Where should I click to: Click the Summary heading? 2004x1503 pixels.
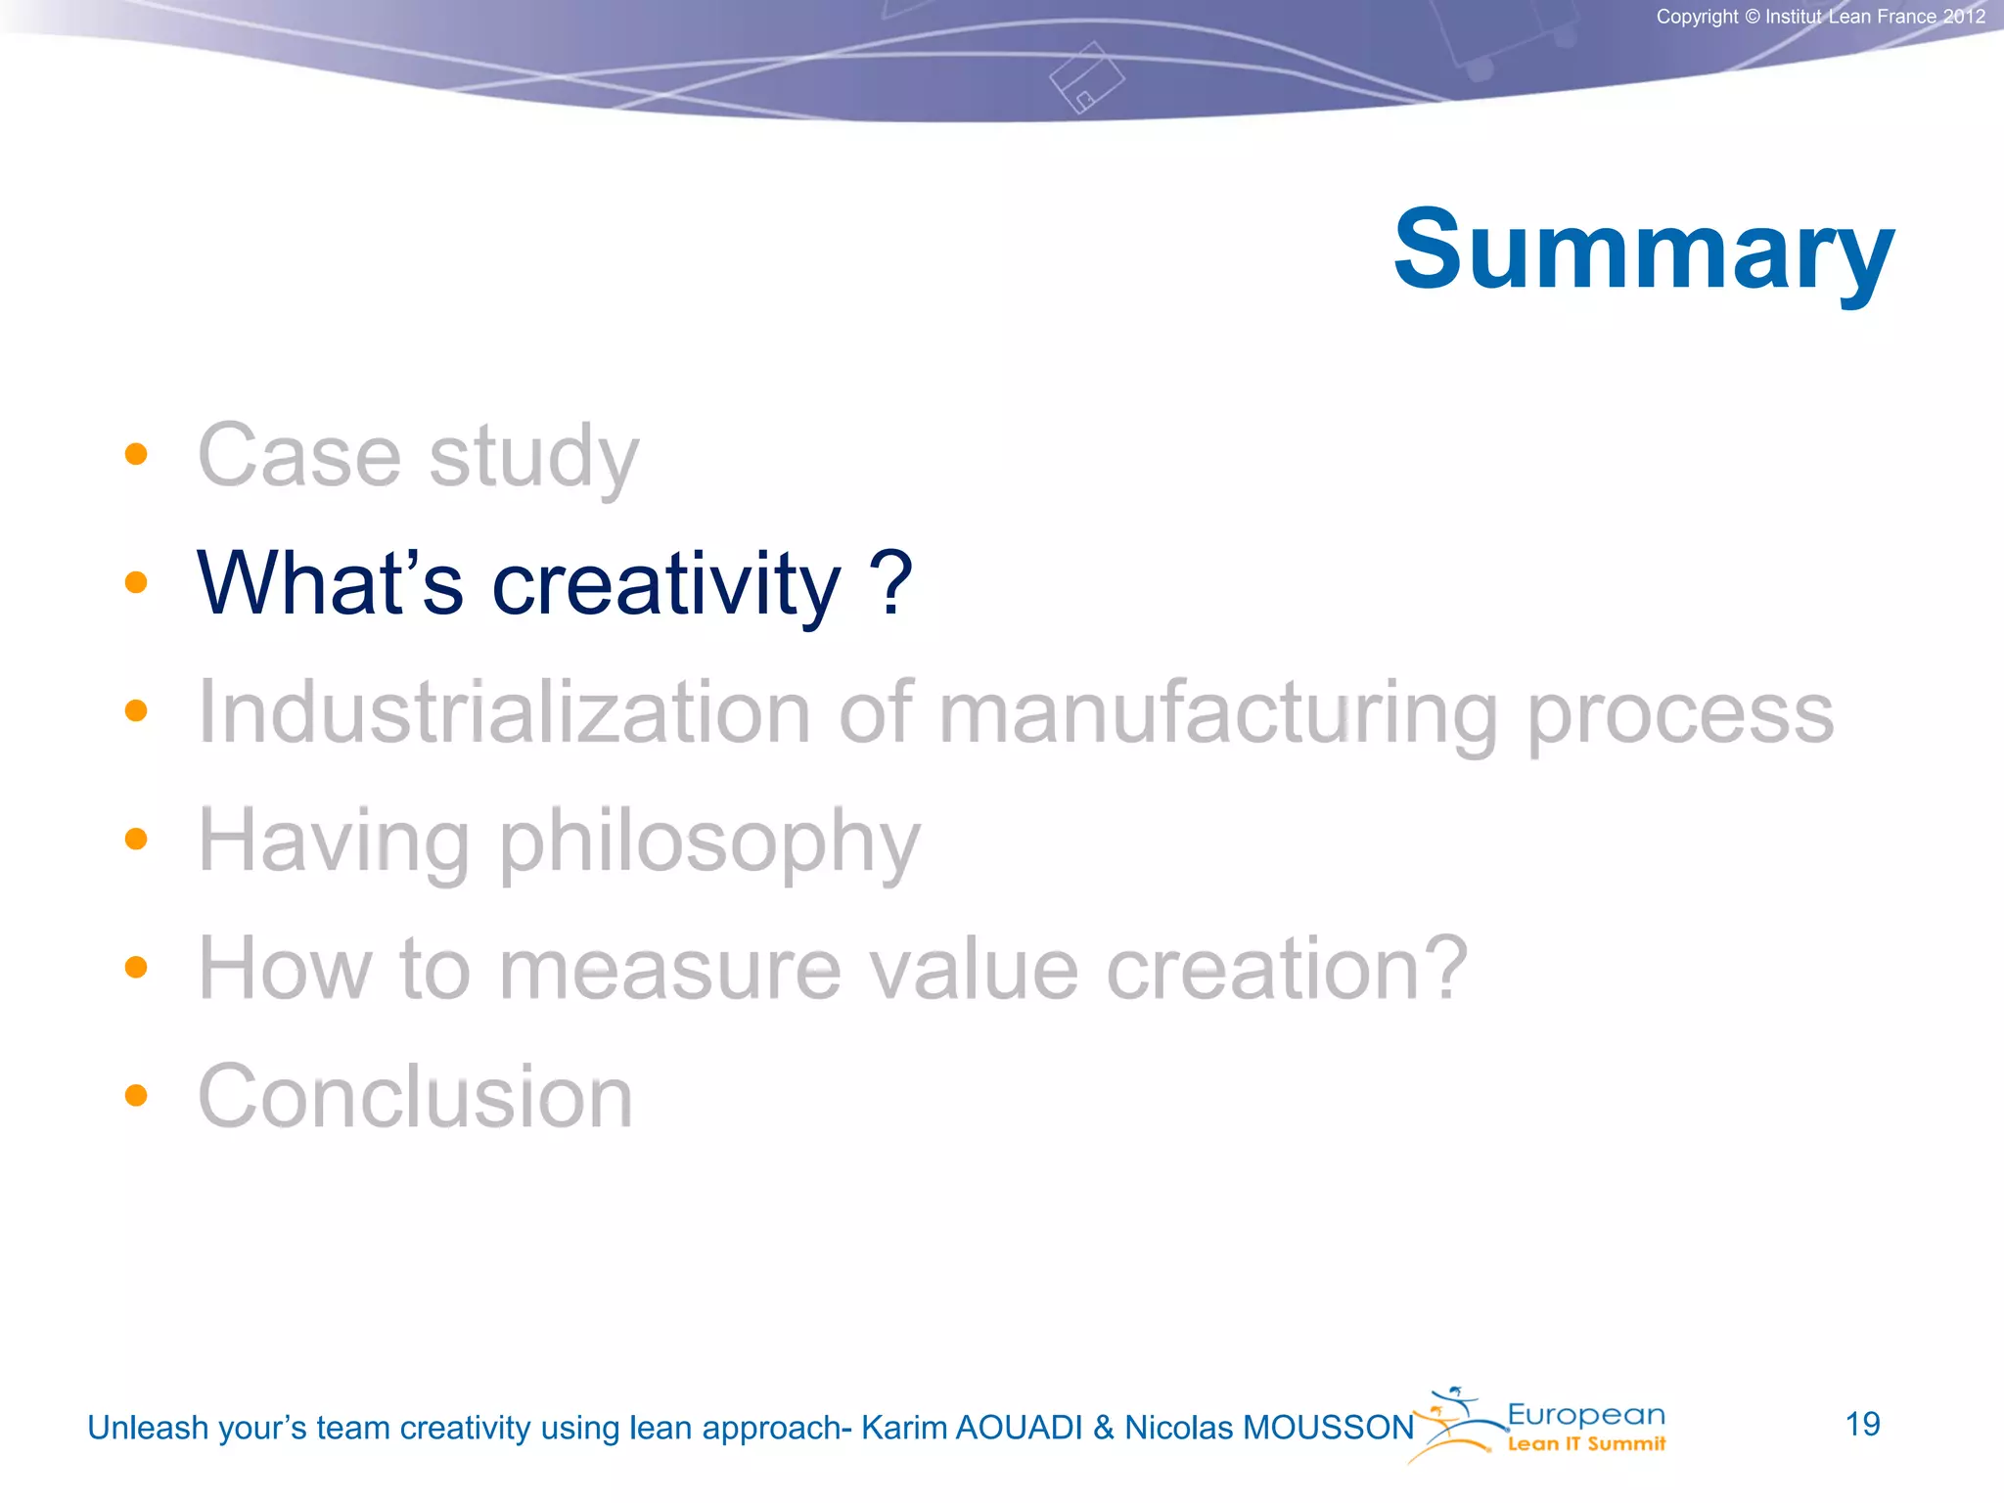point(1644,250)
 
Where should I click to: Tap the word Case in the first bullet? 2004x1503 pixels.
point(299,456)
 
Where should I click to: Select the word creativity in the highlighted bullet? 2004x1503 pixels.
point(665,585)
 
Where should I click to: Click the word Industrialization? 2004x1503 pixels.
point(504,712)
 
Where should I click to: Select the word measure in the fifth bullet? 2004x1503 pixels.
point(669,970)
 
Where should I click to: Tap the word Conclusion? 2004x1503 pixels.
point(415,1097)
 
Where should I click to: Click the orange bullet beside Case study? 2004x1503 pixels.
point(136,454)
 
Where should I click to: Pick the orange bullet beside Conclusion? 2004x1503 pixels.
point(136,1095)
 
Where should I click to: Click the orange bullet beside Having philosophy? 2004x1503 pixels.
point(136,839)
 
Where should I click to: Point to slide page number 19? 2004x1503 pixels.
point(1862,1424)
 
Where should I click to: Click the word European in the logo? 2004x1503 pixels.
point(1585,1414)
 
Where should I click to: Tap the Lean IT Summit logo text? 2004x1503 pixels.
point(1585,1444)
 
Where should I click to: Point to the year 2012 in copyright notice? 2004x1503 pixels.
point(1964,17)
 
